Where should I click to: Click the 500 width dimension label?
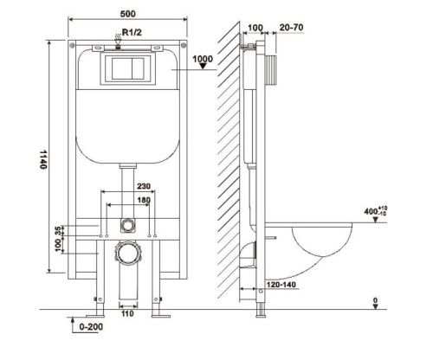pos(128,14)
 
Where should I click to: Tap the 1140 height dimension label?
pos(43,159)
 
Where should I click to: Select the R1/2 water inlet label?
pos(132,32)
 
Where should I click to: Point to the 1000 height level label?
pos(203,59)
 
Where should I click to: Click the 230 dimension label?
pos(144,186)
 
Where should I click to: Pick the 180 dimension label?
pos(144,200)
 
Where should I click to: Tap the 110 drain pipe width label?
pos(127,313)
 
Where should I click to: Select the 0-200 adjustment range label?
pos(91,327)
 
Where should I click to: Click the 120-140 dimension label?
pos(281,285)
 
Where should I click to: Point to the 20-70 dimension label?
pos(291,28)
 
